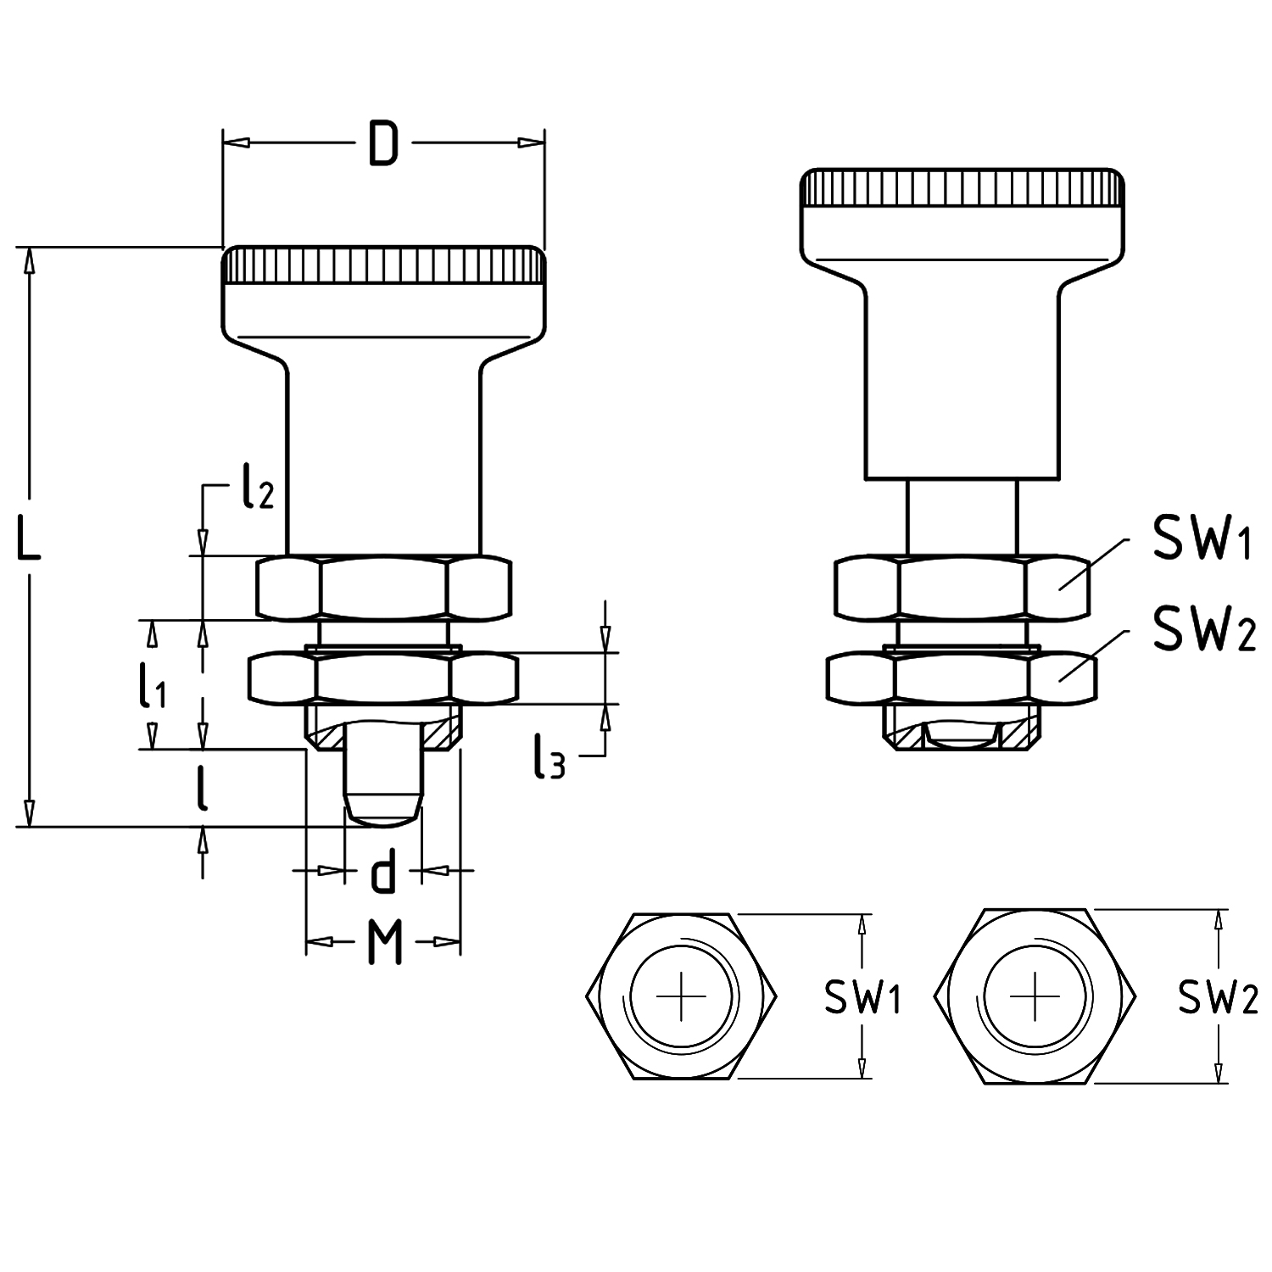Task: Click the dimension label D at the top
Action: click(383, 143)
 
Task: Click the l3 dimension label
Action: click(549, 756)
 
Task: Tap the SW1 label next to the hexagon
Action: click(862, 997)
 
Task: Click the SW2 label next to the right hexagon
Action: click(1217, 997)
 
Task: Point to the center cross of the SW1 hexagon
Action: click(680, 996)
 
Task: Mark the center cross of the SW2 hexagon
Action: click(1035, 996)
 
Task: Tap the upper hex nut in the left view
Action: click(383, 587)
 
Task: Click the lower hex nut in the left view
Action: click(383, 678)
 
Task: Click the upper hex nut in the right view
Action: click(962, 587)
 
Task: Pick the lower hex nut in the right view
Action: click(962, 678)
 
